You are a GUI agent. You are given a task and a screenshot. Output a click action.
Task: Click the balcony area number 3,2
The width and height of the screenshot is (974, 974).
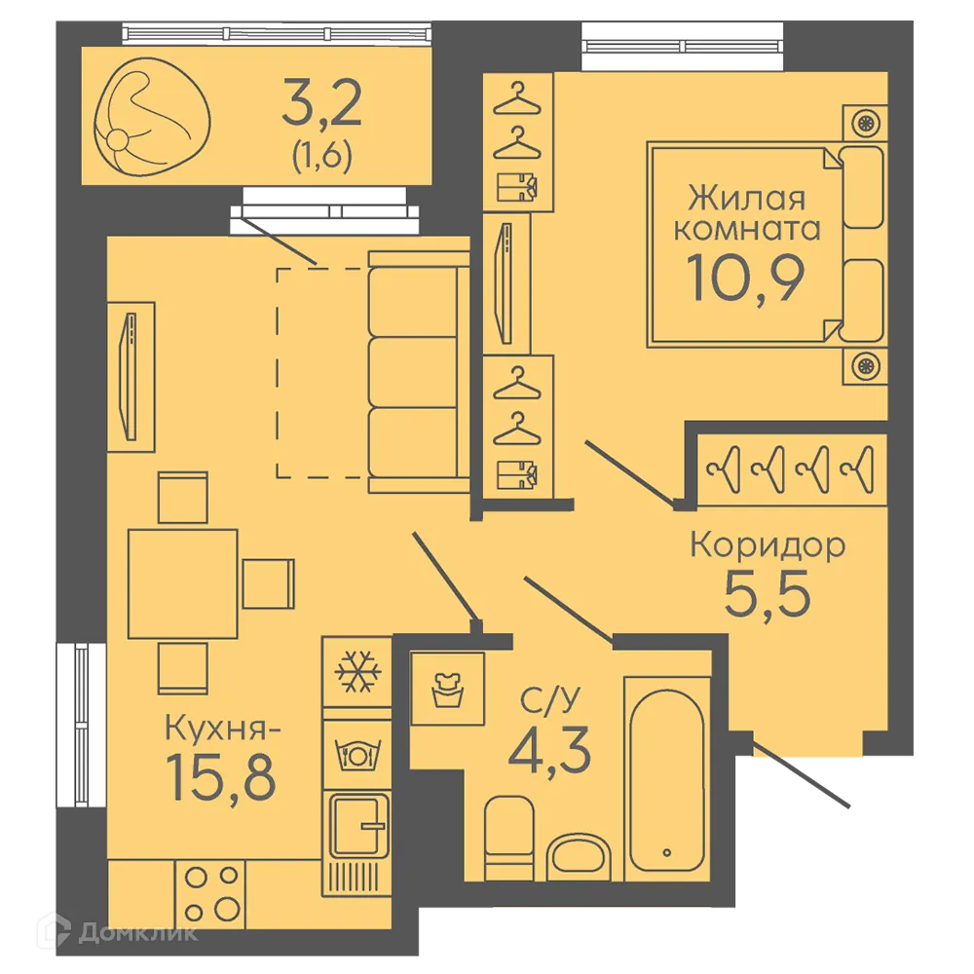[x=321, y=103]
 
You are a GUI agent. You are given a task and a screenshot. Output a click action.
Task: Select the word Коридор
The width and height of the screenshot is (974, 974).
[x=768, y=544]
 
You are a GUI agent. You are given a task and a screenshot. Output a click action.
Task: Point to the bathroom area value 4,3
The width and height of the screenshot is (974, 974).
[x=549, y=750]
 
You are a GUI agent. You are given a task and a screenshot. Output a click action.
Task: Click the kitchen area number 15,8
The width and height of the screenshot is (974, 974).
[x=222, y=777]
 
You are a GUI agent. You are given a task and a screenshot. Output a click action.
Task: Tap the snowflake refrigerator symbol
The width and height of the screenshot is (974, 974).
[x=356, y=671]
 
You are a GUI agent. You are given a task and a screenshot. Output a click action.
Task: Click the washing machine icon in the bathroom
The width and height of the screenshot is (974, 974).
[x=447, y=689]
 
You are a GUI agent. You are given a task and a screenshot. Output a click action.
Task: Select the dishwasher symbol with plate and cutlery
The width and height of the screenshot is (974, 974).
[x=356, y=756]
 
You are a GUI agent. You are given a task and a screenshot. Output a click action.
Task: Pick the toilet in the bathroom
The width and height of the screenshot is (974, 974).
[x=508, y=838]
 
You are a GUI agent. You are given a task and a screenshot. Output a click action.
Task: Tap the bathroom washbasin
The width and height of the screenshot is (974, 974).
[x=579, y=856]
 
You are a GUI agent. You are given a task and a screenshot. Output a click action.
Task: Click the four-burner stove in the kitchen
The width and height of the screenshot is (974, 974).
[x=210, y=894]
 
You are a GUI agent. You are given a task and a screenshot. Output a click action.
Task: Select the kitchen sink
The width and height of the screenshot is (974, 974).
[x=356, y=826]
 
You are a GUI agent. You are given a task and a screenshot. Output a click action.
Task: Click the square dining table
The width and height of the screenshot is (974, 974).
[x=183, y=583]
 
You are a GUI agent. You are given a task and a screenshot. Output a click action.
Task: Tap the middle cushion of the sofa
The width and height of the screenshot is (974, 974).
[x=412, y=371]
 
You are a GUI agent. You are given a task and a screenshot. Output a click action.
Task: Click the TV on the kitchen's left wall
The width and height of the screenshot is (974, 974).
[x=130, y=376]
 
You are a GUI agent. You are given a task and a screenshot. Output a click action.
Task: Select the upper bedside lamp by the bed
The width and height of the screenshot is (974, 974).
[x=865, y=123]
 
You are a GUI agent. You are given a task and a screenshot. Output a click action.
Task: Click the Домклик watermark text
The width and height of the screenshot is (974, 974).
[x=138, y=932]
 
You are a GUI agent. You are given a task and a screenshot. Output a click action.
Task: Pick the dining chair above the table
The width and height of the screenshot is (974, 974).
[x=183, y=498]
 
